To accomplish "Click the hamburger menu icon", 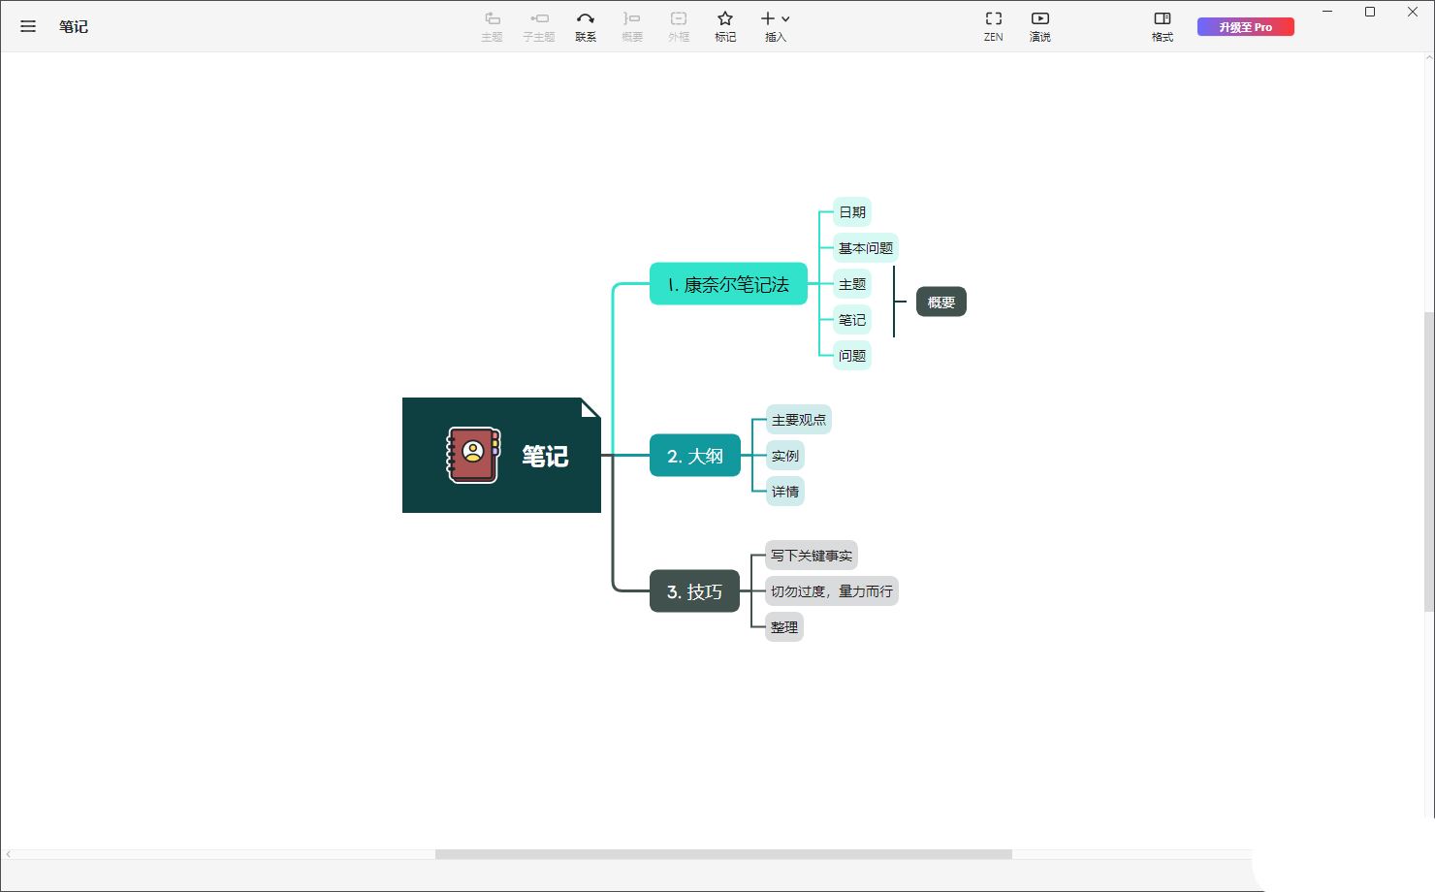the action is click(x=27, y=26).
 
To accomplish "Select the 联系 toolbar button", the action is click(x=586, y=26).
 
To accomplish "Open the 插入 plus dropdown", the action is click(x=775, y=26).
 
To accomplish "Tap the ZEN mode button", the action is click(x=994, y=26).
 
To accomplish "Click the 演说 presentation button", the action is click(x=1039, y=26).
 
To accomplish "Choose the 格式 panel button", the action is click(x=1163, y=26).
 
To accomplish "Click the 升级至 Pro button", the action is click(x=1245, y=27).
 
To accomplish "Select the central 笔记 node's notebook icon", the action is click(x=473, y=455).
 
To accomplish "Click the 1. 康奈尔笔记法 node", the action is click(x=728, y=284).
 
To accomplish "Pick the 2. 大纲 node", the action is click(x=695, y=456).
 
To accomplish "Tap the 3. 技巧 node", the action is click(x=694, y=590).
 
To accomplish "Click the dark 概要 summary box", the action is click(x=941, y=302).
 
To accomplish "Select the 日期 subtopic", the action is click(x=852, y=212).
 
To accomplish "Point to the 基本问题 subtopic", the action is click(x=866, y=248).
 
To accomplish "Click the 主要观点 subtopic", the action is click(x=799, y=420).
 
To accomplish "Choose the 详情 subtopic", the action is click(x=785, y=492).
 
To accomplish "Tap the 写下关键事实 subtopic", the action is click(x=812, y=556).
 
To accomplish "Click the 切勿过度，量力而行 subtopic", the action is click(x=832, y=591).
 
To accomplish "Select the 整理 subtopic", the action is click(x=784, y=627).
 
